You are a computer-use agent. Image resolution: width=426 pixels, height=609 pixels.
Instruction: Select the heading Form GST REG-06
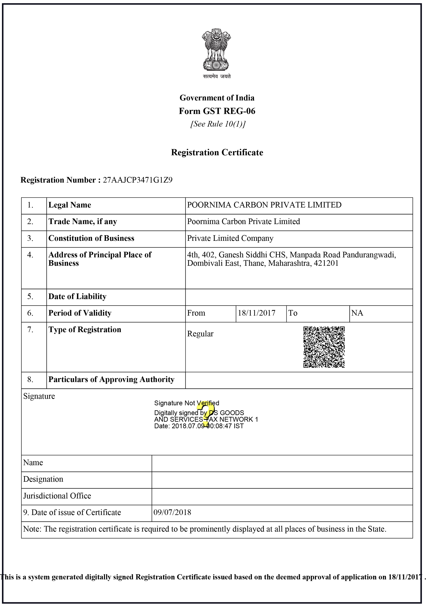(217, 111)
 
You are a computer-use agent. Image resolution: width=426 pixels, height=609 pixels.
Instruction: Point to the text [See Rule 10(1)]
(218, 124)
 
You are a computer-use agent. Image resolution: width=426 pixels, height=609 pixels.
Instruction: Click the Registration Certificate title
(217, 153)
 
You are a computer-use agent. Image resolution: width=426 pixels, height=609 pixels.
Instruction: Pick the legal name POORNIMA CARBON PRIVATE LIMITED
(264, 205)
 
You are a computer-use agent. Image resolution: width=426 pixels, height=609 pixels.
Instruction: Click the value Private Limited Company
(230, 238)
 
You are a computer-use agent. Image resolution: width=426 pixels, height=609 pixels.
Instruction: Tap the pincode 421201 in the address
(326, 263)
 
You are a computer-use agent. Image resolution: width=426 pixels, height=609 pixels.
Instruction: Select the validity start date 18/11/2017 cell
(256, 313)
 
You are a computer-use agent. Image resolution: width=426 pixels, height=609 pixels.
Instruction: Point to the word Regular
(200, 334)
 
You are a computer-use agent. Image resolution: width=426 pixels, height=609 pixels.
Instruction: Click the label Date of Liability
(77, 296)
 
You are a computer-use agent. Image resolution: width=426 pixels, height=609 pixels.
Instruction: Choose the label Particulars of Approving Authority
(111, 379)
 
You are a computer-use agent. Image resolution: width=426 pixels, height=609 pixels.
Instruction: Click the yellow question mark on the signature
(206, 414)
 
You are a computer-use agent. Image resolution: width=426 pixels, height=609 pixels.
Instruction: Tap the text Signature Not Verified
(187, 403)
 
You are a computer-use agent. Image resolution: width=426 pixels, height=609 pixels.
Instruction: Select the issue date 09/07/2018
(172, 512)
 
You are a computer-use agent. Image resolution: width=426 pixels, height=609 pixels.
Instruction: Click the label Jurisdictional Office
(57, 496)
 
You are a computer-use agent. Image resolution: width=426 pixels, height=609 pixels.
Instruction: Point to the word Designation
(43, 479)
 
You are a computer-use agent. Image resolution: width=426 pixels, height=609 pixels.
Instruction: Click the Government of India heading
(217, 98)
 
